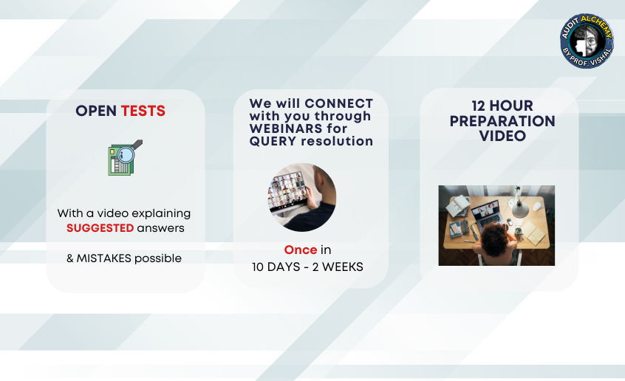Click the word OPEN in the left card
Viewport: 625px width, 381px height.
coord(96,111)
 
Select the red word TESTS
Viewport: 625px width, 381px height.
coord(143,111)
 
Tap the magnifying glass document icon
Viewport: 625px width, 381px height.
coord(125,157)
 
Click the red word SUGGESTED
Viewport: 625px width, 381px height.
coord(100,228)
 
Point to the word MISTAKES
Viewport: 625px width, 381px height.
coord(103,258)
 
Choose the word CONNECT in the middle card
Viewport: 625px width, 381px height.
coord(339,103)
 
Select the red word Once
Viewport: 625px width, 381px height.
coord(301,250)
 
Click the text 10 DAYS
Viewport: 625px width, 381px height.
coord(276,267)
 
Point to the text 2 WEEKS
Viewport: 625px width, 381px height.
coord(338,267)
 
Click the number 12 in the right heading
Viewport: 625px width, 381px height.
coord(478,106)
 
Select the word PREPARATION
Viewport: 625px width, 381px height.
coord(502,121)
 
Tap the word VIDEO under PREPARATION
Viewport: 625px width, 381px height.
coord(502,136)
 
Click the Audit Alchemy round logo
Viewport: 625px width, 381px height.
coord(587,41)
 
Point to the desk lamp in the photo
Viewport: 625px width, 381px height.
coord(520,202)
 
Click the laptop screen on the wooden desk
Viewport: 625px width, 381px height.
coord(485,210)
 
